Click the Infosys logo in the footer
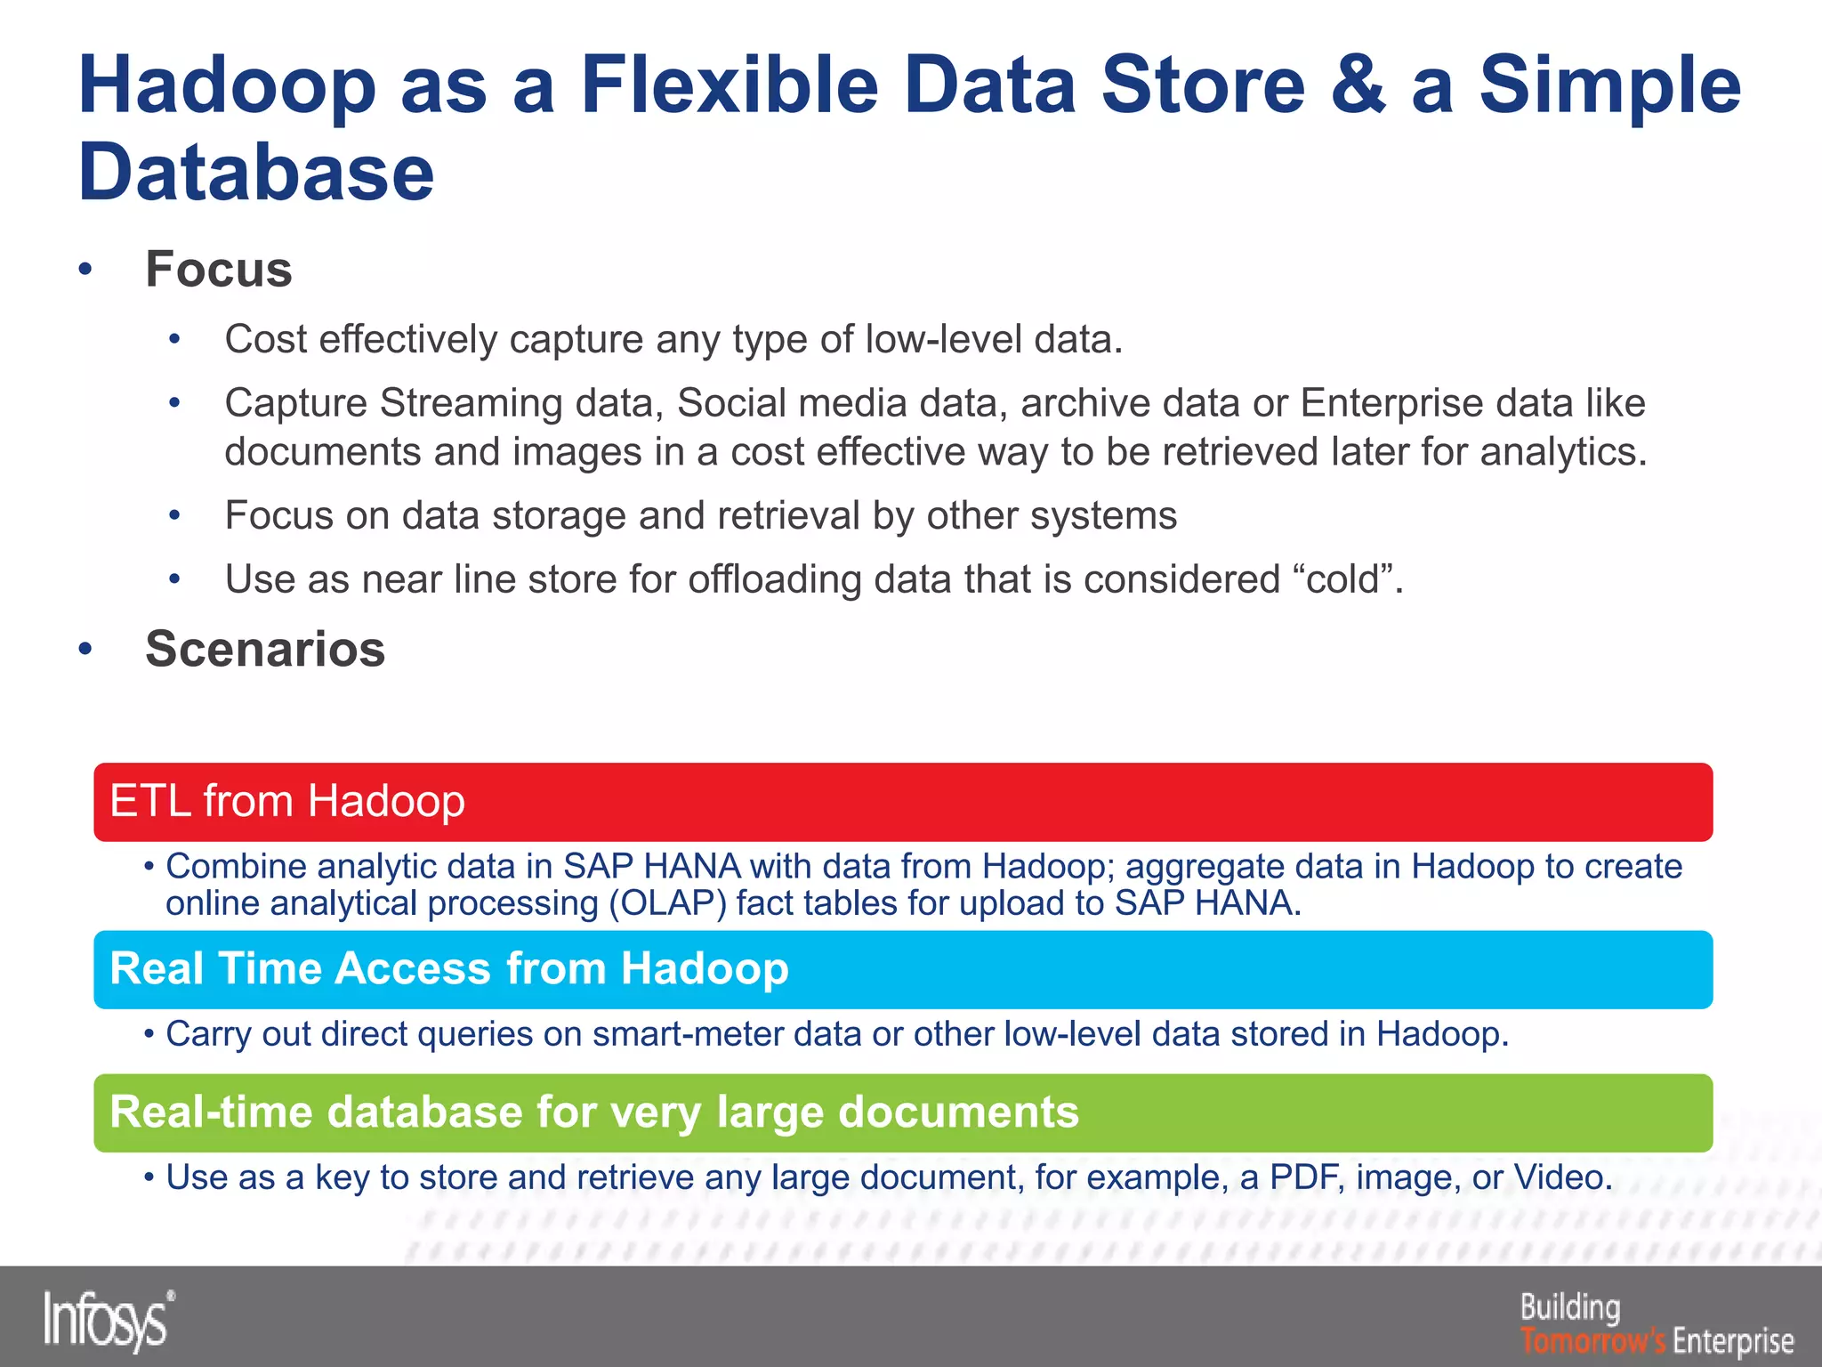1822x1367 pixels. point(108,1320)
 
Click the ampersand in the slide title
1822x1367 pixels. point(1358,85)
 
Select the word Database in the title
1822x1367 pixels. point(256,172)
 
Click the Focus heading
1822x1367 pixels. point(219,270)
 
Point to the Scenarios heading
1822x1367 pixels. point(265,649)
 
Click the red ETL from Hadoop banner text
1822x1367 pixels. point(287,801)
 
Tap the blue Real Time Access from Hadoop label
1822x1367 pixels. point(449,968)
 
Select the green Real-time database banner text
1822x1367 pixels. point(593,1112)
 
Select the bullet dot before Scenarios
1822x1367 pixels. point(85,650)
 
